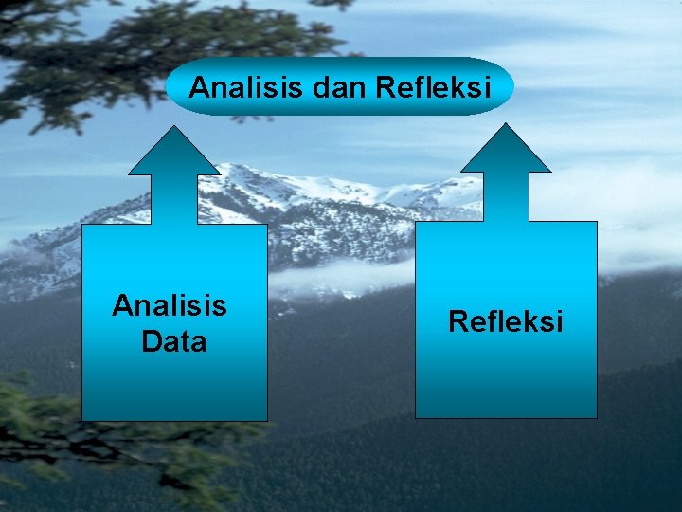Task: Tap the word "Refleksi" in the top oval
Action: [434, 88]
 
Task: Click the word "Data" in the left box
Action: [173, 341]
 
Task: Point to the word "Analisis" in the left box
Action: [170, 305]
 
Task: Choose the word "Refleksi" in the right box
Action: [506, 321]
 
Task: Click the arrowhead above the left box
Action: [174, 154]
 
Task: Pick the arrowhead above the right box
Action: [506, 152]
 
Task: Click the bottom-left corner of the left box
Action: [82, 420]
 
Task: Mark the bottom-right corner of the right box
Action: [597, 417]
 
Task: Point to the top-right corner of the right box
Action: [597, 223]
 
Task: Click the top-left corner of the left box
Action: [82, 225]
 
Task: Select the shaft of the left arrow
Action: [174, 199]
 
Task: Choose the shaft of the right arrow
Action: [506, 196]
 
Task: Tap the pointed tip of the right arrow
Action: [506, 124]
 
